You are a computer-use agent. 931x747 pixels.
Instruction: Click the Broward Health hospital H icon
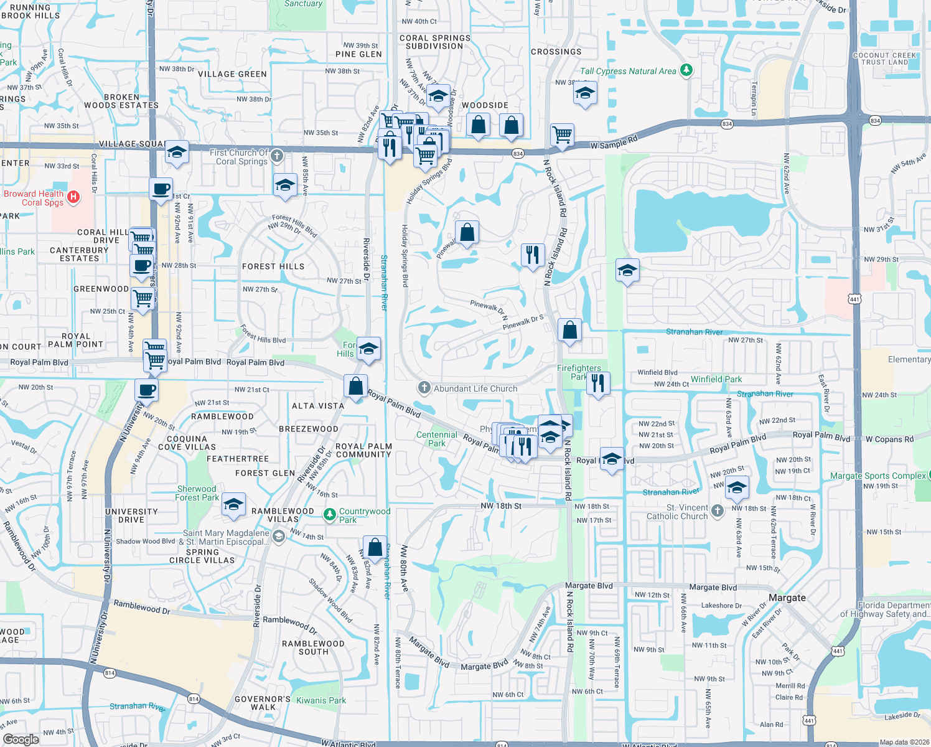coord(73,197)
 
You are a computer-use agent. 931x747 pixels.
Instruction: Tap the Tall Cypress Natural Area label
coord(627,71)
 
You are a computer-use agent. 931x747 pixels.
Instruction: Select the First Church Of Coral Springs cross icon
coord(277,155)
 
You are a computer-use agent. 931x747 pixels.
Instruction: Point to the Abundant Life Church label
coord(475,388)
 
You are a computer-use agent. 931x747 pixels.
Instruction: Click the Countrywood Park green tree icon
coord(329,515)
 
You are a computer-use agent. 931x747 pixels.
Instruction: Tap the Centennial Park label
coord(436,439)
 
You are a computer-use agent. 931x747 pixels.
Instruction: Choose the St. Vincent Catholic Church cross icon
coord(718,511)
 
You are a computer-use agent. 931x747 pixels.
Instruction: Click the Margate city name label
coord(787,598)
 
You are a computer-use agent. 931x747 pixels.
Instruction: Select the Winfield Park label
coord(716,379)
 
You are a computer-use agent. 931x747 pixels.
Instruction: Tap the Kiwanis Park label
coord(321,700)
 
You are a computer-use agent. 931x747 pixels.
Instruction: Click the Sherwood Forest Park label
coord(197,493)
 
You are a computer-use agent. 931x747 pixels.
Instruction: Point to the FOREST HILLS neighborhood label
coord(273,266)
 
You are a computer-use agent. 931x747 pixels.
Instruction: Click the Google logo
coord(21,739)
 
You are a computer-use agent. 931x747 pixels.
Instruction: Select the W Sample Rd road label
coord(614,143)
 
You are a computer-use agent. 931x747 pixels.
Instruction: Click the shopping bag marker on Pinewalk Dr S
coord(569,330)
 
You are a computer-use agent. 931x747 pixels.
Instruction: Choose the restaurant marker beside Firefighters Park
coord(597,383)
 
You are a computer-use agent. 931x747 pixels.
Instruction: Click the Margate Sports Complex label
coord(877,476)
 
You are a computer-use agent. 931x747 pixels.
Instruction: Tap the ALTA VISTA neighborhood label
coord(318,406)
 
